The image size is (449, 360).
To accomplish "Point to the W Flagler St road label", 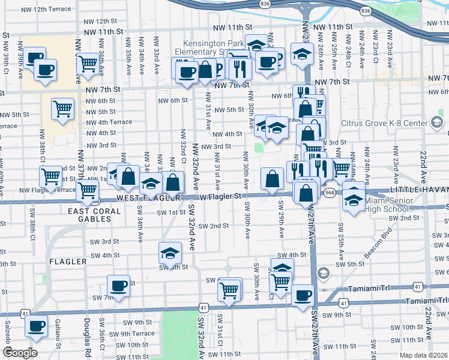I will pos(220,196).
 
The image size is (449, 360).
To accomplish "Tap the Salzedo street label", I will pos(8,340).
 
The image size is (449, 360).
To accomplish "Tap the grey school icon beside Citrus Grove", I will pos(437,123).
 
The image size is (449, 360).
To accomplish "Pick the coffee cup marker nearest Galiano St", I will pos(36,326).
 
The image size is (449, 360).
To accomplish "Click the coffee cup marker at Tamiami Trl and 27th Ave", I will pos(303,295).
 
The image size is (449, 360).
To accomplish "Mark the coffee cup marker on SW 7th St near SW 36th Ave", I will pos(118,285).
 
